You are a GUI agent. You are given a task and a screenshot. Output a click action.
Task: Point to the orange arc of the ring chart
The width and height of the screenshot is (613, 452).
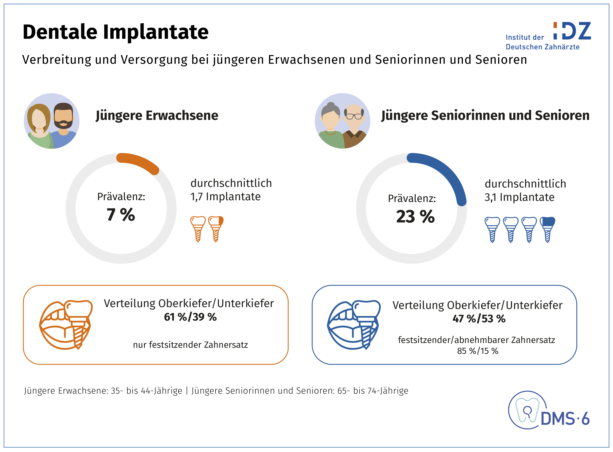[x=138, y=163]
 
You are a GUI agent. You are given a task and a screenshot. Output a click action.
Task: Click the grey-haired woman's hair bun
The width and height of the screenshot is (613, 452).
[x=331, y=105]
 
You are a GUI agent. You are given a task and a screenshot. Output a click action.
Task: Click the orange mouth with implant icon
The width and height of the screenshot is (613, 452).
[x=66, y=325]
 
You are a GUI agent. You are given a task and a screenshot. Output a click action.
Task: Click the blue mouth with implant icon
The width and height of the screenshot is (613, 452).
[x=354, y=325]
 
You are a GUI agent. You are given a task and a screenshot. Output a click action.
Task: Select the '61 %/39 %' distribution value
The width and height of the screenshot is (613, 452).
[x=190, y=317]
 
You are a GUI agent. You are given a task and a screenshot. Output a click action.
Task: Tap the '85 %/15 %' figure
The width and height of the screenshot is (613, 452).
[x=477, y=351]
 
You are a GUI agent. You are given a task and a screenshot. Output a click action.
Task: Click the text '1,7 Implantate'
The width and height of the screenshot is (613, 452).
[x=225, y=197]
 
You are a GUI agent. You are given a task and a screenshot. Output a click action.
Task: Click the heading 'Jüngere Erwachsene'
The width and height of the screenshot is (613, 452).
[x=157, y=115]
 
